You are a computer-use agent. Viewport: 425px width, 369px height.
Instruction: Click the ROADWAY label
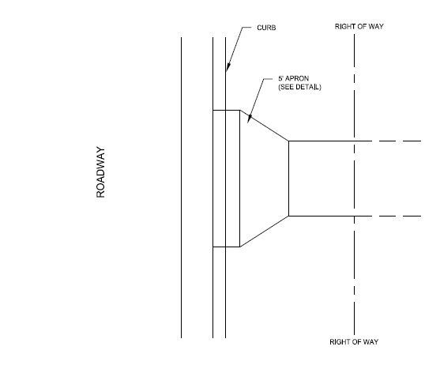pos(100,171)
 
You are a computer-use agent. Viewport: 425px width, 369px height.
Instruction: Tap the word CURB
pos(267,28)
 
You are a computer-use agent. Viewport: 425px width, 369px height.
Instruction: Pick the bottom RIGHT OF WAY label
pos(355,341)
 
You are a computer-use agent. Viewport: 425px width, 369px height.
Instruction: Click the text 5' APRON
pos(291,78)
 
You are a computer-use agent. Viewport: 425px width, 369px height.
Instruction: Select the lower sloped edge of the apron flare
pos(264,232)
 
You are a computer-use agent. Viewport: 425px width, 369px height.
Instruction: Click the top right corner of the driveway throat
pos(288,141)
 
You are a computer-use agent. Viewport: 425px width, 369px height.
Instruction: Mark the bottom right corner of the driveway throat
pos(288,216)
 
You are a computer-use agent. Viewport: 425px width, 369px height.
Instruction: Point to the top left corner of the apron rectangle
pos(213,110)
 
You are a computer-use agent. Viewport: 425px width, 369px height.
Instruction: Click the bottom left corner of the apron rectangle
pos(213,247)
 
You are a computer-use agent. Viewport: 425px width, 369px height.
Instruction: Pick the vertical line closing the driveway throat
pos(288,178)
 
